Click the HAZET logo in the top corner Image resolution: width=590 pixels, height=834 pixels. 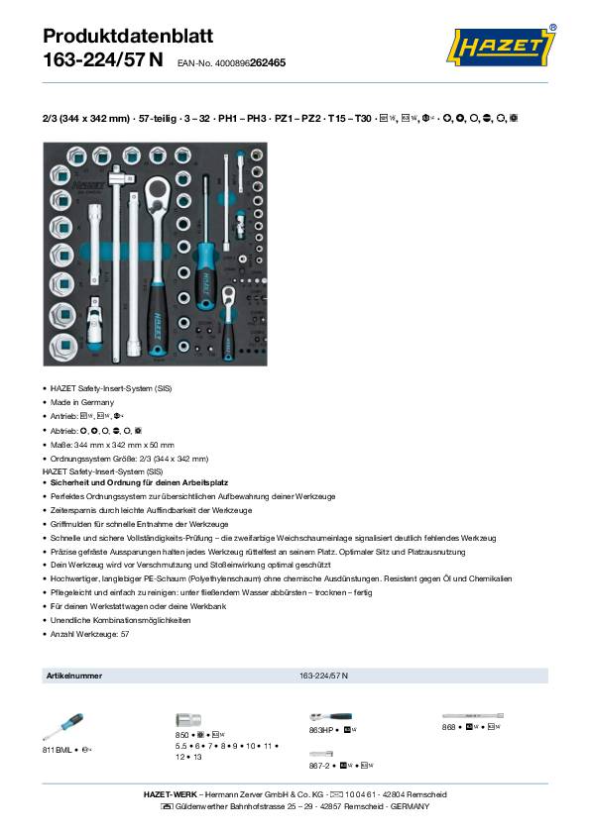(x=502, y=47)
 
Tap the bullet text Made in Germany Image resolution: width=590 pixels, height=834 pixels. (x=83, y=402)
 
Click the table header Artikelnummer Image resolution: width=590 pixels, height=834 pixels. (x=74, y=675)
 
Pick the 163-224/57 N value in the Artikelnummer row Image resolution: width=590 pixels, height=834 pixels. (x=323, y=675)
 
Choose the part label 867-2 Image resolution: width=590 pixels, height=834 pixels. (x=321, y=766)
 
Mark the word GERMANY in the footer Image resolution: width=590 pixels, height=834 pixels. (x=410, y=807)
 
